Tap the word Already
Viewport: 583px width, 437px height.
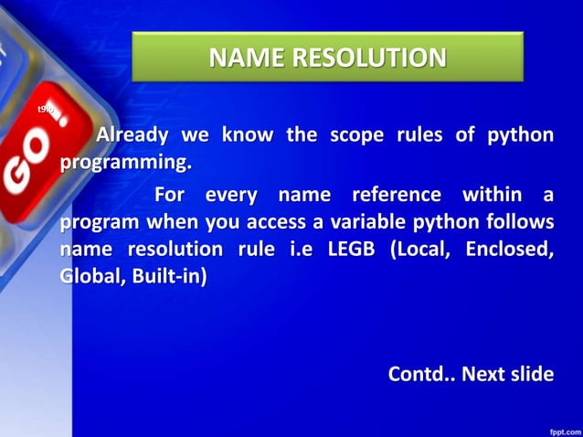point(132,135)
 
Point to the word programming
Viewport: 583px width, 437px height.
point(126,164)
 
